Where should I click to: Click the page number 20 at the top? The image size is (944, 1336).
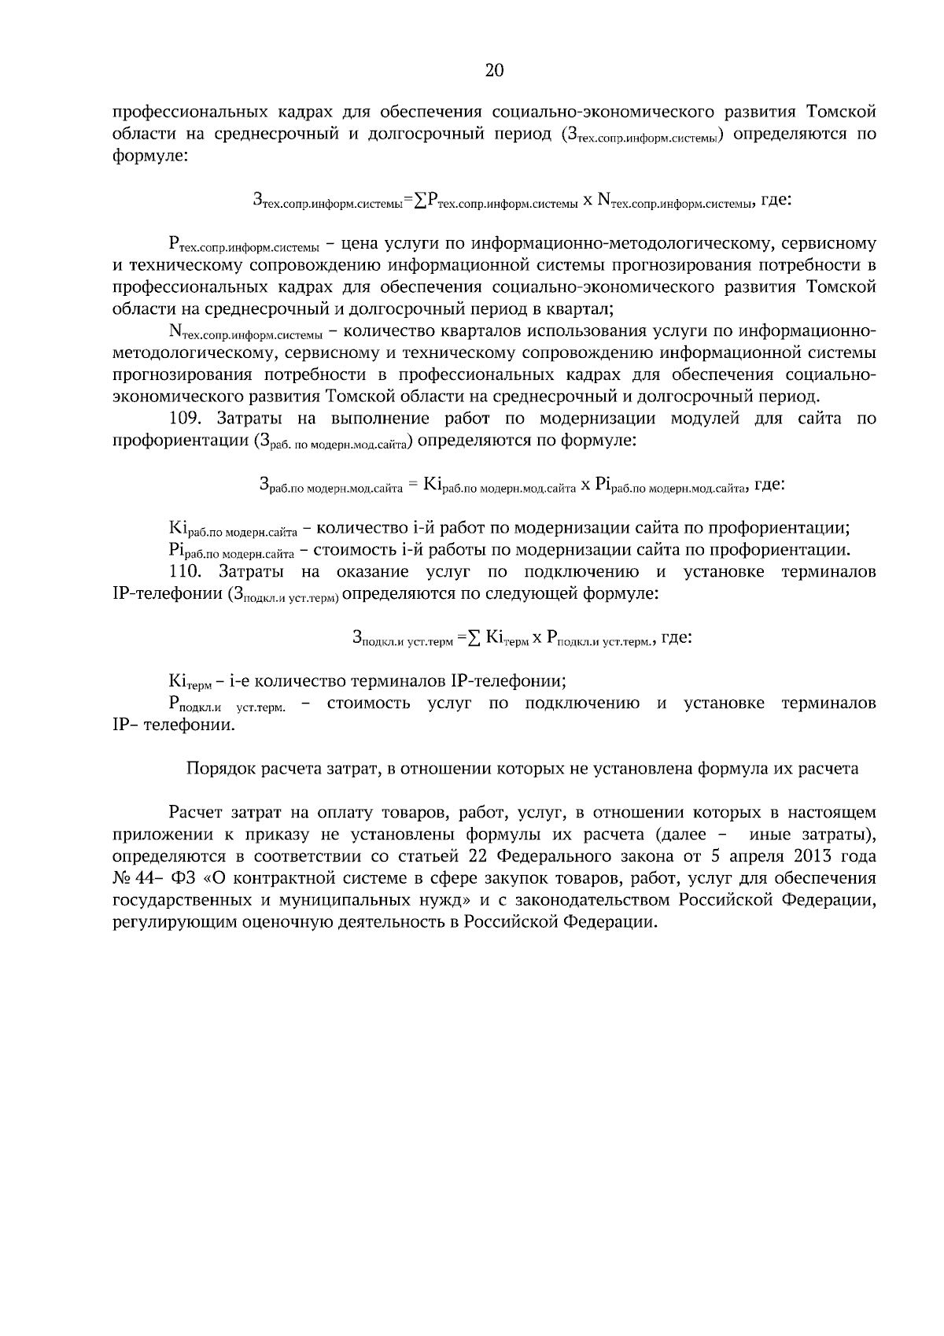point(494,71)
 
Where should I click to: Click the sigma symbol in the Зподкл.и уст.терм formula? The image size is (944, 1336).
point(473,638)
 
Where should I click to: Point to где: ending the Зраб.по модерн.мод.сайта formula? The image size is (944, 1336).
point(769,485)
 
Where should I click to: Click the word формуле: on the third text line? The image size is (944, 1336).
point(149,156)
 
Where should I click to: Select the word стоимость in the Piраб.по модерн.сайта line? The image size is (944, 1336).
point(348,549)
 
